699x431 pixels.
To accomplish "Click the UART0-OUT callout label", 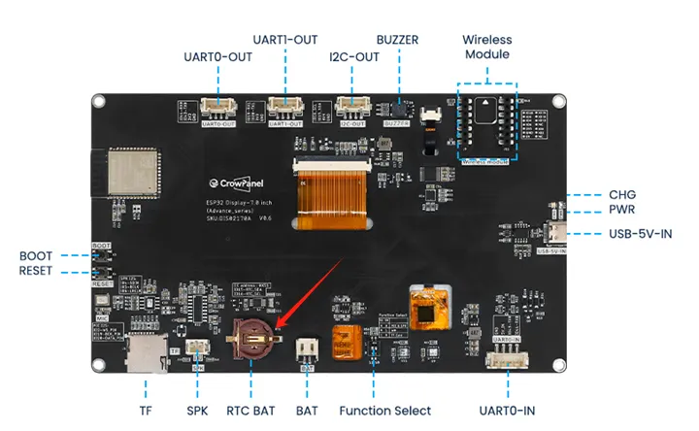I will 217,57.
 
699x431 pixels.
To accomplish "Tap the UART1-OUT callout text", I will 286,40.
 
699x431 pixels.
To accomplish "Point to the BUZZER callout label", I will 397,40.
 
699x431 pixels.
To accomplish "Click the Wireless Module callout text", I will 486,47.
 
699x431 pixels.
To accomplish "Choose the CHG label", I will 621,194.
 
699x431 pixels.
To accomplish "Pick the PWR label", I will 621,210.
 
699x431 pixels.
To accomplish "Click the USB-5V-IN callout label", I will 640,233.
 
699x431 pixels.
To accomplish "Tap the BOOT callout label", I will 36,256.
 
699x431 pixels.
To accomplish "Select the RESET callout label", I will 36,271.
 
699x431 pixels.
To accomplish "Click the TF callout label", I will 145,411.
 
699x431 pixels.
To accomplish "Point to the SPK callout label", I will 198,411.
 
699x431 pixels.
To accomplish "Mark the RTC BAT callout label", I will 251,411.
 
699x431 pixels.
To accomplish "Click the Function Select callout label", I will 384,411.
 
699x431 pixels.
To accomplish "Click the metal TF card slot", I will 147,354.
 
